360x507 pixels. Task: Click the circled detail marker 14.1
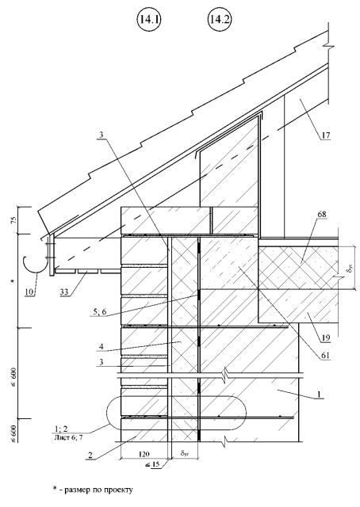point(148,20)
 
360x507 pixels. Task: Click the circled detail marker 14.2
point(219,20)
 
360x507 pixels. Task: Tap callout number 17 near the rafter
point(325,135)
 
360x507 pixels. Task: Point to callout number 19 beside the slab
point(325,338)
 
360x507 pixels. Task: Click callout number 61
point(325,356)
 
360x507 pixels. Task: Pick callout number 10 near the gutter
point(29,292)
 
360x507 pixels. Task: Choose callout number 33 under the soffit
point(63,292)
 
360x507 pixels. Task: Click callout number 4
point(101,347)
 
